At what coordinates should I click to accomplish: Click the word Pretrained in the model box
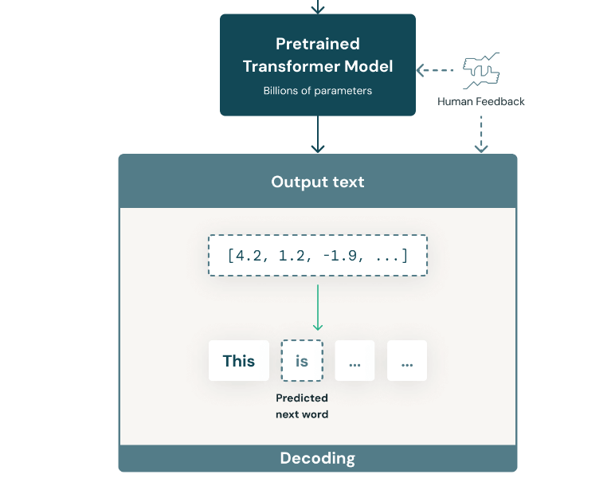[x=317, y=44]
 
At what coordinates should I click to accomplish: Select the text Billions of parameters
[x=317, y=91]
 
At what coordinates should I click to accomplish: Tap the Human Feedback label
[x=481, y=102]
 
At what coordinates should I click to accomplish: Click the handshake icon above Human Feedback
[x=480, y=70]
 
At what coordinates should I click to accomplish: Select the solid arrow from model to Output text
[x=318, y=134]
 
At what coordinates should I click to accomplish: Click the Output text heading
[x=317, y=182]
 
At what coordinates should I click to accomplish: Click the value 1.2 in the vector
[x=292, y=256]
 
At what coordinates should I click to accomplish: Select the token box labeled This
[x=239, y=361]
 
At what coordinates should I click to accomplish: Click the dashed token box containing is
[x=302, y=361]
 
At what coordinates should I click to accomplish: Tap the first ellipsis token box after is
[x=355, y=361]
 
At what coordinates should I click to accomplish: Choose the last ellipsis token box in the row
[x=407, y=361]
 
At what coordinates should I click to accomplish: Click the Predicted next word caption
[x=302, y=406]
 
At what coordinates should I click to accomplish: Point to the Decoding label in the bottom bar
[x=317, y=459]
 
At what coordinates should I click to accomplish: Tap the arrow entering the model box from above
[x=318, y=7]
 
